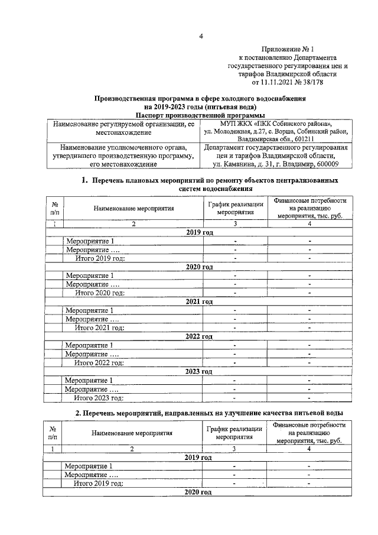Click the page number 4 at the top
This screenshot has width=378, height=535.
(x=201, y=37)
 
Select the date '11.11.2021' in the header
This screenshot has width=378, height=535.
(x=274, y=83)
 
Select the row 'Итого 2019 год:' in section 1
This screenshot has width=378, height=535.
(x=100, y=258)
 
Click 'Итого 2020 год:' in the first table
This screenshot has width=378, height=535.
(x=100, y=293)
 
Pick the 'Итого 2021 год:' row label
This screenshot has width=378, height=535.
(x=100, y=328)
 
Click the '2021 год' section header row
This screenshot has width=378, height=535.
(x=199, y=301)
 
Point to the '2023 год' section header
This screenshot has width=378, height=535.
(x=199, y=371)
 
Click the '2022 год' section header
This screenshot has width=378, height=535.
(x=199, y=336)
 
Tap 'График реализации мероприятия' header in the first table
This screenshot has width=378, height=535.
(x=234, y=208)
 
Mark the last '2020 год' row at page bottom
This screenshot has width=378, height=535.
(x=199, y=492)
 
